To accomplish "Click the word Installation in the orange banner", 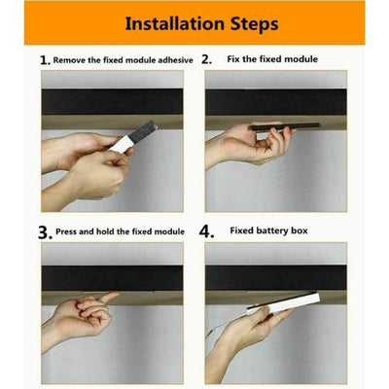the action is point(175,23).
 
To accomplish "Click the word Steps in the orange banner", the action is point(255,24).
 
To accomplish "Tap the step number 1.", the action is point(45,60).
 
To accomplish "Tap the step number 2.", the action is point(206,59).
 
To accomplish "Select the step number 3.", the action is point(45,232).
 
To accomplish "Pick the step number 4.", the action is point(206,231).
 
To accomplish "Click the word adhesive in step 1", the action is point(175,60).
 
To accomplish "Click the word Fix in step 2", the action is point(233,59).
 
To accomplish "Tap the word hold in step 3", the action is point(105,231).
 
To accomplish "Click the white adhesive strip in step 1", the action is point(121,144).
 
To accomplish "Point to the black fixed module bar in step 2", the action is point(285,126).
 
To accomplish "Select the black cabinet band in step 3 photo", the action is point(112,278).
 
